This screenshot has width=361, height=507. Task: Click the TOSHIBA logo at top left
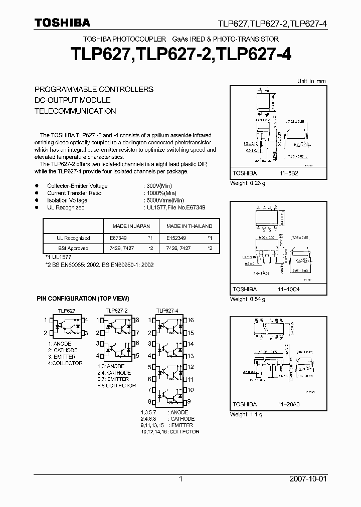tap(62, 23)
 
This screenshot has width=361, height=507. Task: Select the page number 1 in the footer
tap(180, 479)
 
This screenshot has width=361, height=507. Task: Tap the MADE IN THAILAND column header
tap(189, 226)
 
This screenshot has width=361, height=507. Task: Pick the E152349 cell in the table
tap(176, 238)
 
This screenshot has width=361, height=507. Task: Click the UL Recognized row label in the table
tap(73, 238)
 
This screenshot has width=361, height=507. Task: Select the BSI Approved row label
tap(73, 248)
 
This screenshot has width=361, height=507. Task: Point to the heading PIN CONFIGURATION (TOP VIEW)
tap(83, 299)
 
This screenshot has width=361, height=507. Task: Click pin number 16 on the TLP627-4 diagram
tap(191, 320)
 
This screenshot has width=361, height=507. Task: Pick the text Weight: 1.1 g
tap(246, 414)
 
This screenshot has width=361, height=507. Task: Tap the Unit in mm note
tap(311, 81)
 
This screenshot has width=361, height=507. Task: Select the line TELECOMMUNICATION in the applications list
tap(75, 111)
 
